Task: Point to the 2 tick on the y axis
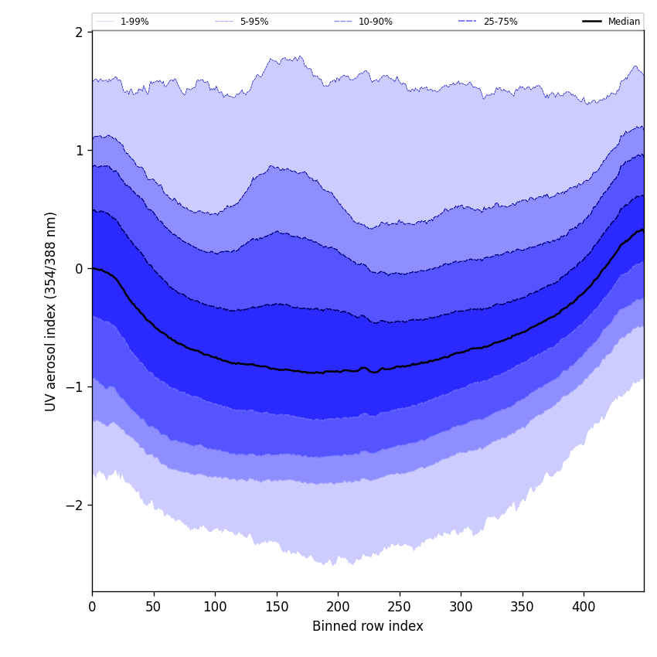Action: (79, 32)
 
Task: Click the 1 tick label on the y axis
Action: (79, 150)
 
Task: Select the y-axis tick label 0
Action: (79, 268)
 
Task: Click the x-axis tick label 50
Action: (154, 607)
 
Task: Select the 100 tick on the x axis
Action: (215, 607)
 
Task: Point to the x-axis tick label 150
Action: (277, 607)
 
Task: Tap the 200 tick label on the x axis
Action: (338, 607)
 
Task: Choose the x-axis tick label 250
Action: (400, 607)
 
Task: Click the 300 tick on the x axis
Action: (461, 607)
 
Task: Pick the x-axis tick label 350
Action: (523, 607)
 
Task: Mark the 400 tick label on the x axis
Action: (584, 607)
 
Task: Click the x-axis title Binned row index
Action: (368, 626)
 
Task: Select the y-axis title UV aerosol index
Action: (51, 311)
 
